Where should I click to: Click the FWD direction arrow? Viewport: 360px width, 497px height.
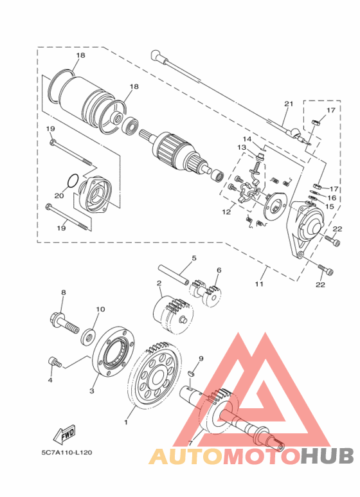[x=64, y=434]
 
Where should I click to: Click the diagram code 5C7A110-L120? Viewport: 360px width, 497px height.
[x=67, y=452]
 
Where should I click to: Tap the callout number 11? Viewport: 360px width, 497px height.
[x=259, y=284]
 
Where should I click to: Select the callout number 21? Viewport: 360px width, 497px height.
[x=289, y=104]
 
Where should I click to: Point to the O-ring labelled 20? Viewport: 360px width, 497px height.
[x=72, y=180]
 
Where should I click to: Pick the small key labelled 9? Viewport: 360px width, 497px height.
[x=190, y=374]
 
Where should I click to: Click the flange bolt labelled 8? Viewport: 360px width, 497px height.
[x=64, y=322]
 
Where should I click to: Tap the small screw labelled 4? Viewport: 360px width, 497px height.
[x=55, y=362]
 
